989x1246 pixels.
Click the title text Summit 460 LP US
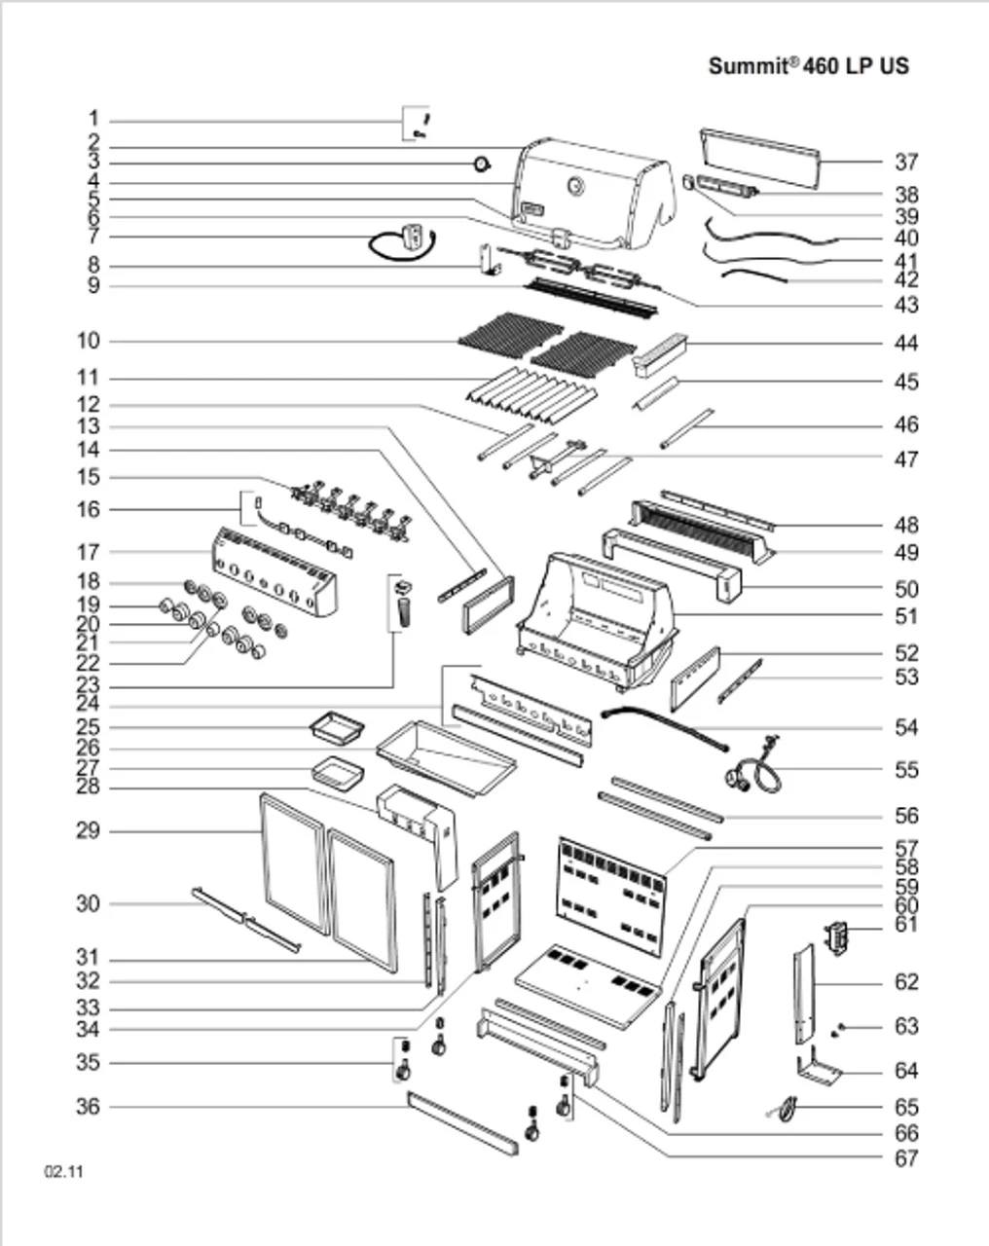point(808,65)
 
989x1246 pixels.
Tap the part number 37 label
point(906,163)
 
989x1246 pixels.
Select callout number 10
point(88,341)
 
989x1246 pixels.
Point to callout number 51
point(906,616)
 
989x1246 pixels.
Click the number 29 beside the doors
point(88,831)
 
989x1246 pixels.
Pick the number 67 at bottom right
point(906,1158)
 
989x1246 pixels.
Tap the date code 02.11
point(63,1171)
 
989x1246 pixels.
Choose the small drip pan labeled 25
point(337,725)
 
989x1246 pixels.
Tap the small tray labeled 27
point(337,774)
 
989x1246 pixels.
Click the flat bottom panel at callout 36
point(462,1122)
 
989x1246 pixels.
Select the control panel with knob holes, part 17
point(274,572)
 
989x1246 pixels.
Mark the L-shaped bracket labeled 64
point(817,1071)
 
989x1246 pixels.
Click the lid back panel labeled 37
point(759,156)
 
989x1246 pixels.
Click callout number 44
point(906,343)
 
